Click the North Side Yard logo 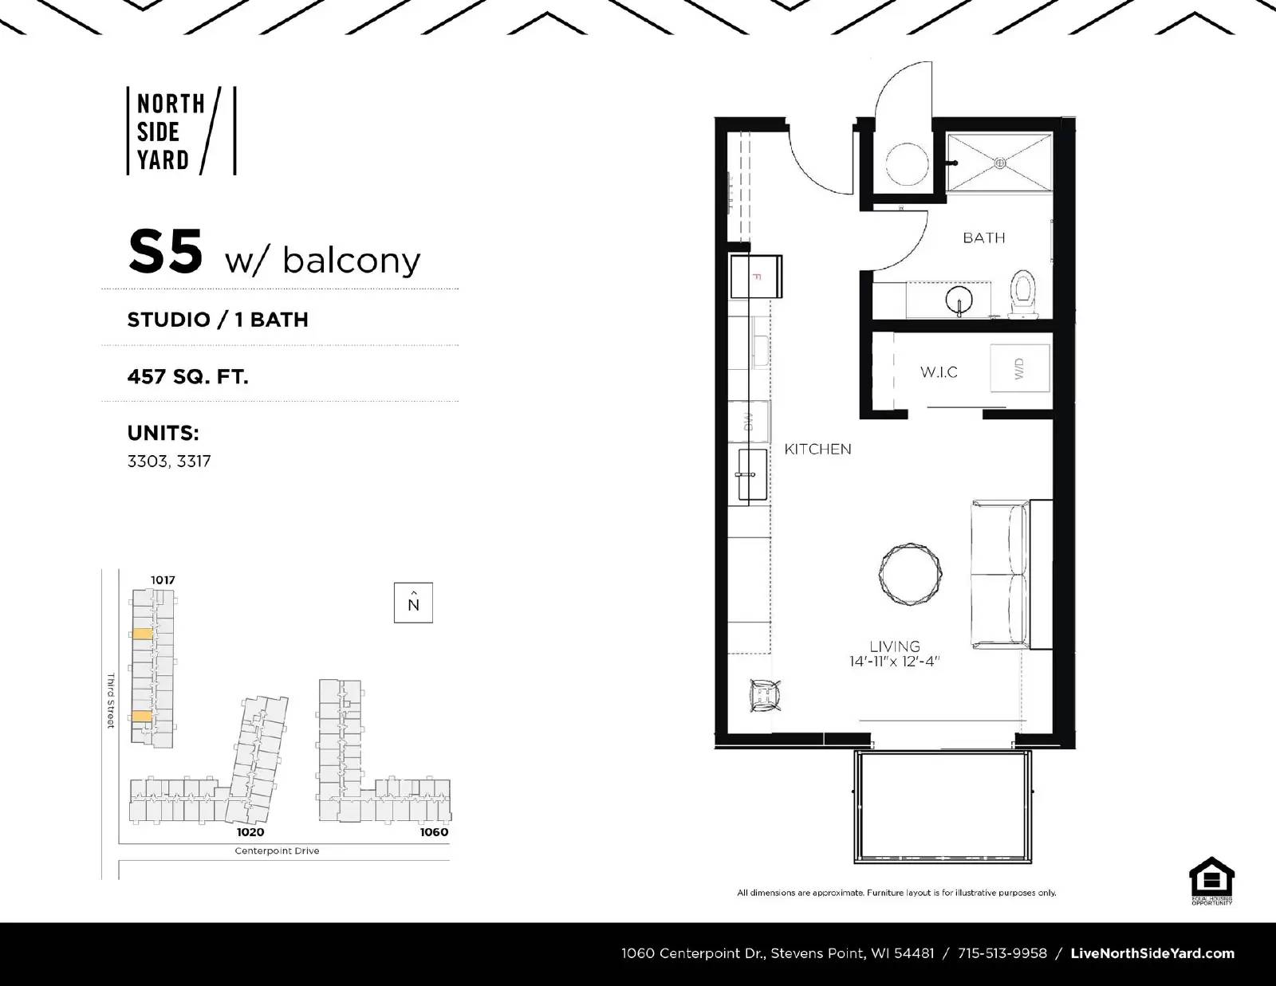pos(181,132)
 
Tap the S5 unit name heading pos(166,252)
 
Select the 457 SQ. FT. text pos(187,375)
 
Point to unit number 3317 pos(194,461)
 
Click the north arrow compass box pos(413,603)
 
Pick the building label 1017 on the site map pos(163,579)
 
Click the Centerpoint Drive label pos(277,850)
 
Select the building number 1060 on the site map pos(434,832)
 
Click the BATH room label pos(983,238)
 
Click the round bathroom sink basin pos(959,301)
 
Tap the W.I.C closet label pos(939,372)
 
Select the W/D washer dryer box pos(1019,368)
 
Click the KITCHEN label pos(817,449)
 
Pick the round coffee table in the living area pos(911,575)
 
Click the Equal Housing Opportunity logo pos(1211,880)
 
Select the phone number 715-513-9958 pos(1002,953)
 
